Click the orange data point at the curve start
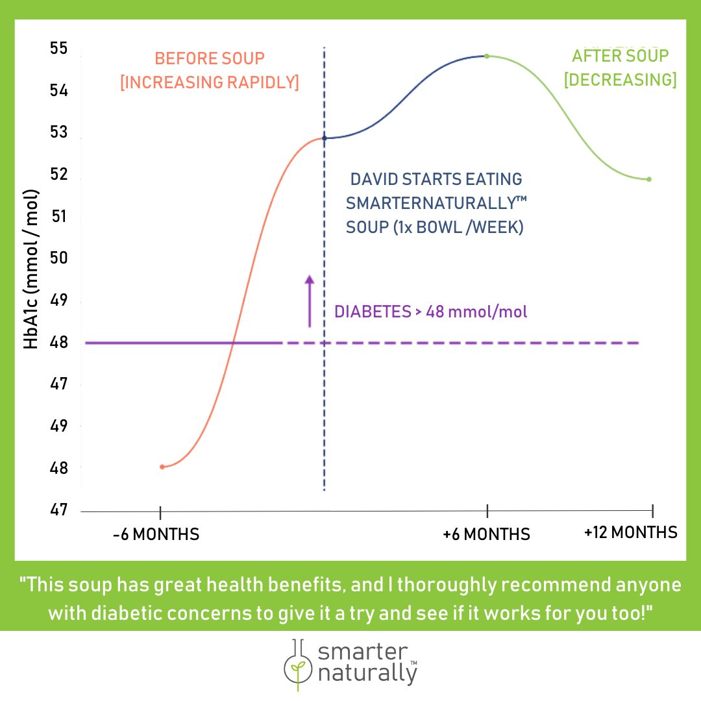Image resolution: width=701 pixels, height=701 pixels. click(162, 467)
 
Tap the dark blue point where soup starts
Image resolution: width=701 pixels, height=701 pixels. click(325, 138)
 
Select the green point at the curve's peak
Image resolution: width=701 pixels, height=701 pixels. click(487, 56)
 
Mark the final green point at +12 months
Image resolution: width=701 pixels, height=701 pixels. click(649, 179)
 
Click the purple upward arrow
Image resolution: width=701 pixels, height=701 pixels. click(310, 300)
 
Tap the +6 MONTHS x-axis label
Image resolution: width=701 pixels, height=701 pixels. click(486, 535)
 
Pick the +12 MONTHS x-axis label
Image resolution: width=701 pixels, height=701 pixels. click(630, 533)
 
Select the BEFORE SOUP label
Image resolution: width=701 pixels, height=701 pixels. click(210, 58)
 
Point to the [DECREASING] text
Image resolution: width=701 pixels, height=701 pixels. click(620, 80)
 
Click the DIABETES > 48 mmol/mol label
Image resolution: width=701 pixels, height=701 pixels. click(430, 312)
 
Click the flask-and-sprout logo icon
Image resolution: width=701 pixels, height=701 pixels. click(297, 663)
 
